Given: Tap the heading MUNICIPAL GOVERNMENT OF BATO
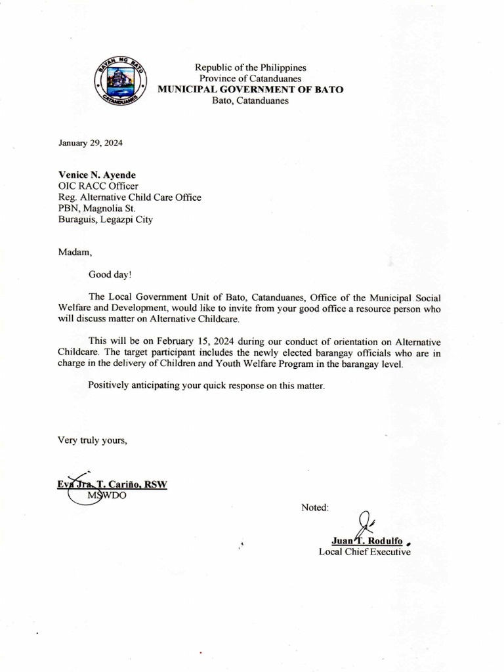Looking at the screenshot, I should tap(250, 89).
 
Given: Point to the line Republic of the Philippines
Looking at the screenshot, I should tap(250, 68).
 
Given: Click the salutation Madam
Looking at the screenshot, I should tap(72, 251).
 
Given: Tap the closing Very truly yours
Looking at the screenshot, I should tap(93, 440).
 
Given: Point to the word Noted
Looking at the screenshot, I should tap(315, 507).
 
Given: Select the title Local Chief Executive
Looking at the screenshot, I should tap(364, 552).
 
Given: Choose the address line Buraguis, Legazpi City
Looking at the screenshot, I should tap(106, 220).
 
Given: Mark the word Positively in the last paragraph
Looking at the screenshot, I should tap(112, 386).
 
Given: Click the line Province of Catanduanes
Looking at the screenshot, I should tap(250, 79).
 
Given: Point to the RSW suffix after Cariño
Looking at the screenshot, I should tap(156, 485).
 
